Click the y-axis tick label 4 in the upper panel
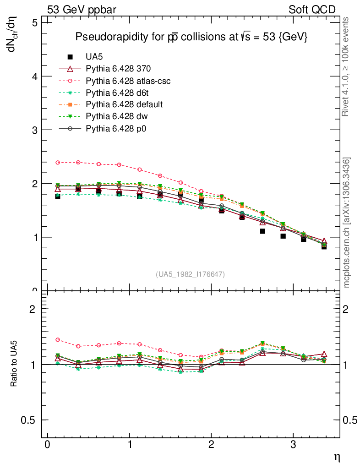[x=34, y=76]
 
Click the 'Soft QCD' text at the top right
[x=312, y=10]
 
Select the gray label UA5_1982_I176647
[x=190, y=274]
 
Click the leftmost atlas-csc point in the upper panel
[x=58, y=162]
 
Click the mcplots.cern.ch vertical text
[x=347, y=223]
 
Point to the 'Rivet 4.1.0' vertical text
[x=347, y=66]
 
